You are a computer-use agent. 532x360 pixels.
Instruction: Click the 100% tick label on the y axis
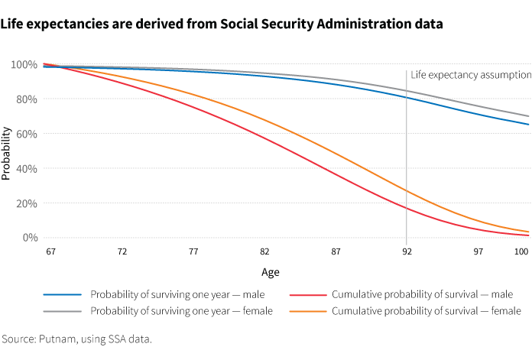click(24, 65)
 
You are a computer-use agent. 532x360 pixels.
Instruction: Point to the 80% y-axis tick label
click(27, 99)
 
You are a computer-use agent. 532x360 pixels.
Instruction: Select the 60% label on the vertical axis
click(27, 134)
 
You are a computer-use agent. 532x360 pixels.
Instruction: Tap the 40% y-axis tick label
click(27, 168)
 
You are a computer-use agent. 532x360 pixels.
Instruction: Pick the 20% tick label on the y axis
click(27, 203)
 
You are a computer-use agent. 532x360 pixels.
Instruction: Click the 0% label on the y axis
click(29, 238)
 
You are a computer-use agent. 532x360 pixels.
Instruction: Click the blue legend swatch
click(62, 294)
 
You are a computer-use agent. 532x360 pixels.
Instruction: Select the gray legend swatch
click(62, 311)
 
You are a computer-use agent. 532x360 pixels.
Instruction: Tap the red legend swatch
click(308, 294)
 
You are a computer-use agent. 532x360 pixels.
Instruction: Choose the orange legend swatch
click(308, 311)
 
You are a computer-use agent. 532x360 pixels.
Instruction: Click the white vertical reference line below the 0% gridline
click(407, 242)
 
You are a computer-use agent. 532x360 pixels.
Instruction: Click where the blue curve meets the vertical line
click(407, 98)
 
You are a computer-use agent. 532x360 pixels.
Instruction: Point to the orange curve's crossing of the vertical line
click(407, 191)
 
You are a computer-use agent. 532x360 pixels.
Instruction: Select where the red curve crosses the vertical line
click(407, 209)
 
